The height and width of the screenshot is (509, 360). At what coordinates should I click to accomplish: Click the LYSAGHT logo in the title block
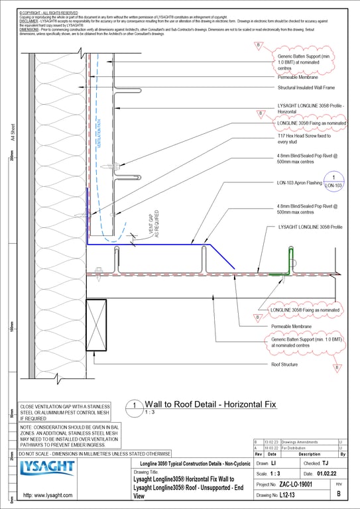(x=48, y=470)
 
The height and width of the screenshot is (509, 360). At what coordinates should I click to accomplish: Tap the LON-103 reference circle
(x=337, y=180)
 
